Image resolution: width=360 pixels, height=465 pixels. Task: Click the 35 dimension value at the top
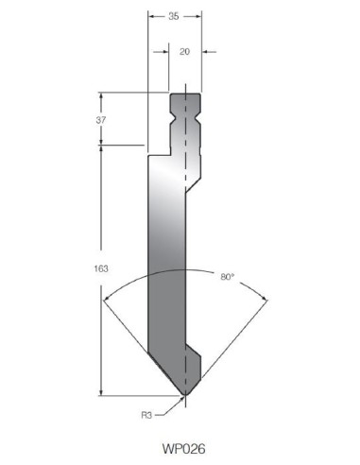click(174, 16)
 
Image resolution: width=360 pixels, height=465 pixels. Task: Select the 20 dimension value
click(184, 51)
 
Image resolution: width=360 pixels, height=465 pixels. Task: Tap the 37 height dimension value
click(101, 120)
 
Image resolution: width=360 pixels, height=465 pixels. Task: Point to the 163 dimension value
click(101, 268)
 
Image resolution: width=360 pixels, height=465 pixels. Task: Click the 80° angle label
click(228, 277)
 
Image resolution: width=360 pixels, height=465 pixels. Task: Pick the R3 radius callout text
click(146, 415)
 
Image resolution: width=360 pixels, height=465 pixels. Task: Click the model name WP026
click(183, 448)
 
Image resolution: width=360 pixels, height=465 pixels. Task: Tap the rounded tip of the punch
click(186, 394)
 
